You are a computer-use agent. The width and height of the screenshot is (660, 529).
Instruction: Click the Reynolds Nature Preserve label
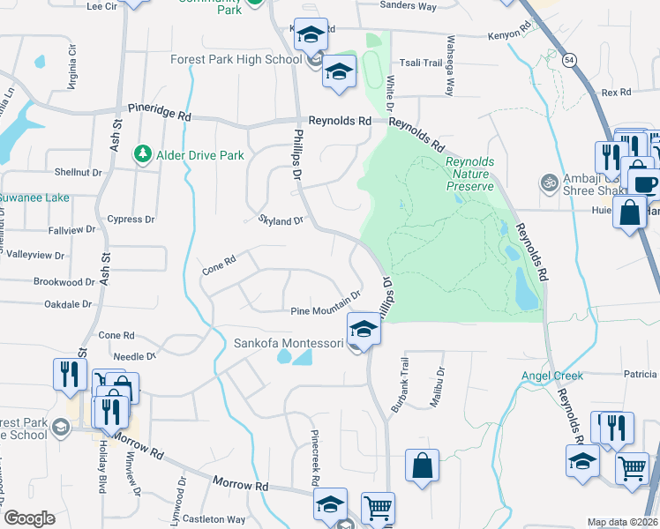point(469,175)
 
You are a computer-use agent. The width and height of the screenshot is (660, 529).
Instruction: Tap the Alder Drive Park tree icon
point(142,155)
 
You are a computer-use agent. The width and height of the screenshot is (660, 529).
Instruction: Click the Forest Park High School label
point(236,60)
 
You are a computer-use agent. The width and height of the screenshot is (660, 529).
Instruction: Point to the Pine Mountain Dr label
point(326,304)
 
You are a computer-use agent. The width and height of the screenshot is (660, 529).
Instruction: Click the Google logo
point(30,518)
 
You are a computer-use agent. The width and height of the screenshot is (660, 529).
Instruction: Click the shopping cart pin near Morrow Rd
point(378,509)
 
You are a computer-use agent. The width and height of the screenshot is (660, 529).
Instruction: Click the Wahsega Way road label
point(450,66)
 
